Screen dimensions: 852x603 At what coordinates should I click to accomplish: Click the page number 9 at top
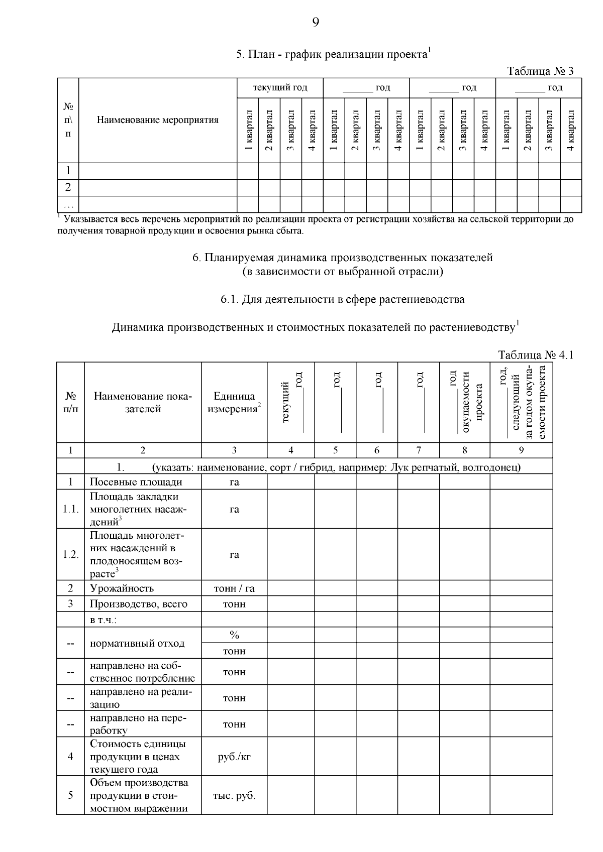pos(316,22)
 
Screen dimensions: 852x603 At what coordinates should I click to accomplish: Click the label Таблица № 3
pos(540,71)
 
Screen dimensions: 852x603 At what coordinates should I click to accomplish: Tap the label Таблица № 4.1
pos(536,355)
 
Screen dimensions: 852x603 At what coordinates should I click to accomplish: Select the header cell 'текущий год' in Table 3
pos(280,88)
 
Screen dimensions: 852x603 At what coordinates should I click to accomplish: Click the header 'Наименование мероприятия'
pos(158,120)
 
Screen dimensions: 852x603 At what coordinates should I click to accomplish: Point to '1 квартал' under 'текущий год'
pos(248,130)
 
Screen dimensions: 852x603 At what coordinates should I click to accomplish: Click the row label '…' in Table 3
pos(68,205)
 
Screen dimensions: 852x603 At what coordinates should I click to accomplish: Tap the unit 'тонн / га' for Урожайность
pos(234,588)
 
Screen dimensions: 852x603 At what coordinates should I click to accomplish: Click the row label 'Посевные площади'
pos(136,482)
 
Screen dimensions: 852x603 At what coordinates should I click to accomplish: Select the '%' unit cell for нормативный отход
pos(234,635)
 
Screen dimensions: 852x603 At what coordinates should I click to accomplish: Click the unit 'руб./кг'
pos(234,757)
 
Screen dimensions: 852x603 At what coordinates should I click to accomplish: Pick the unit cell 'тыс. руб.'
pos(234,796)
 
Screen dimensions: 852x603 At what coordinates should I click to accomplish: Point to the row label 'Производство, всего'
pos(138,604)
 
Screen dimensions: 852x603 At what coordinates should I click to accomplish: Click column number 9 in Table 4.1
pos(521,450)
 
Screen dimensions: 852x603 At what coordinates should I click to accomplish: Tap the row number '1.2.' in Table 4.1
pos(70,555)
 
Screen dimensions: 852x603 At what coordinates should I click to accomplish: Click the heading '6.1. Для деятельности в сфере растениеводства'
pos(342,300)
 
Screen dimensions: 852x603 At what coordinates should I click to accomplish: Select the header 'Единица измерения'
pos(234,403)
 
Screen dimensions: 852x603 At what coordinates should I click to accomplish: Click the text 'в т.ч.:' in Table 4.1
pos(104,620)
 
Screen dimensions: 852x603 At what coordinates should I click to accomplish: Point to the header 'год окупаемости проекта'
pos(465,403)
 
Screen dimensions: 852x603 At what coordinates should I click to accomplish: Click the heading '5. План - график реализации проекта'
pos(334,54)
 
